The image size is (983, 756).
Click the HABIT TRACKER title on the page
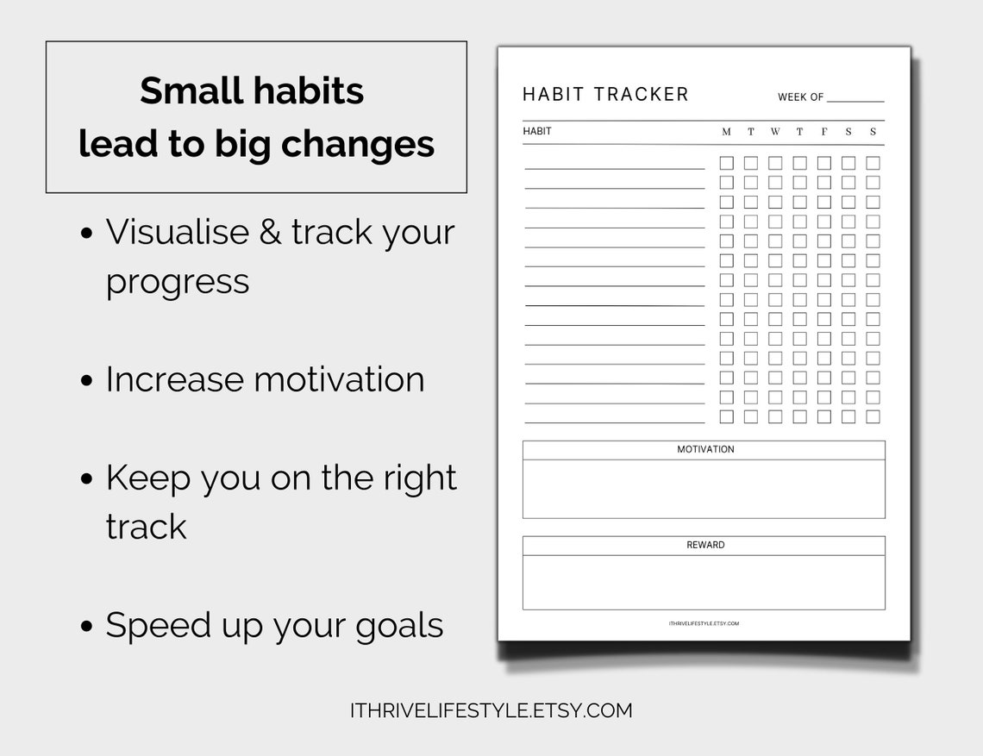pos(605,95)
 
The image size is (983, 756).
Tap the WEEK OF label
pos(800,97)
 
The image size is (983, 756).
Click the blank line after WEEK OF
pos(855,99)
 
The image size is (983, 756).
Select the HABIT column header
pos(537,132)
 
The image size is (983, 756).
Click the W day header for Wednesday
pos(775,132)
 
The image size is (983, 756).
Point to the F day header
pos(824,132)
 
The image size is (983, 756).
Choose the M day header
pos(726,132)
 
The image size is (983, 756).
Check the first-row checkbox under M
pos(727,163)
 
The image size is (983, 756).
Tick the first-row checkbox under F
pos(824,163)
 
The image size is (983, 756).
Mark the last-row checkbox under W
pos(775,417)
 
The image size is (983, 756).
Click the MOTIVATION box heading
pos(705,450)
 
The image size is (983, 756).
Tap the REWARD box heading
pos(705,546)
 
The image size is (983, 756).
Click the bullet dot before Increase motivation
pos(86,381)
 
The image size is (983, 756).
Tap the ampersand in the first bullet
pos(269,233)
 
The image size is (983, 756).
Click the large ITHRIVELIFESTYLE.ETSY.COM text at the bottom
pos(491,710)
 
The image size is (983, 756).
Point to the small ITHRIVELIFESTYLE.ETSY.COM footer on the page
pos(704,623)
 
